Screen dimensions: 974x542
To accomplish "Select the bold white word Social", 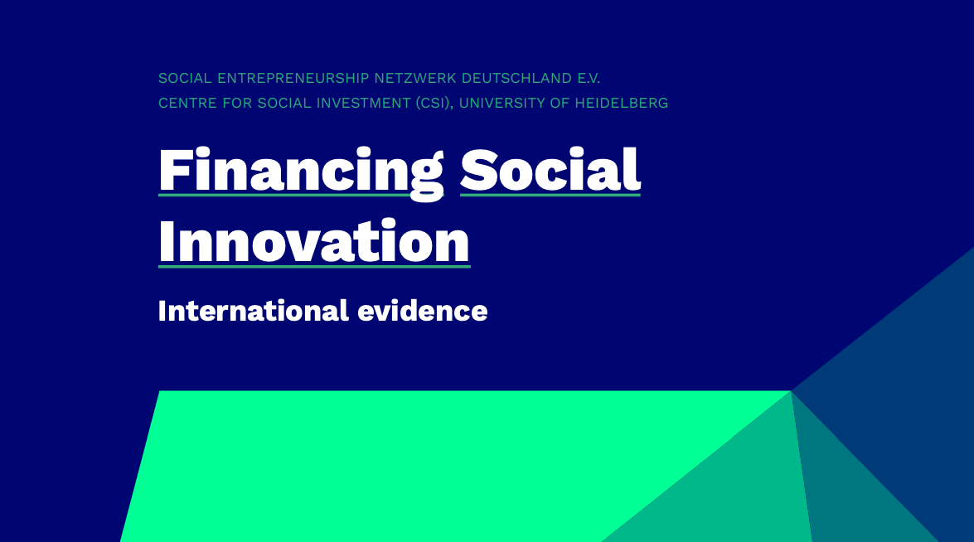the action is tap(550, 170).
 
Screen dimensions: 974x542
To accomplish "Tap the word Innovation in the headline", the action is tap(314, 241).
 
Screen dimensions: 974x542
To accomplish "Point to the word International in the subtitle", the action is tap(254, 311).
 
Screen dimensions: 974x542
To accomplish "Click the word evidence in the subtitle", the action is tap(423, 311).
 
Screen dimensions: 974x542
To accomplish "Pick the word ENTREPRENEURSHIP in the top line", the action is tap(293, 78).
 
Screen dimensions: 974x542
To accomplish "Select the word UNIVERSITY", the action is tap(502, 103).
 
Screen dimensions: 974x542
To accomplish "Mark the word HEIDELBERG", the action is tap(621, 103).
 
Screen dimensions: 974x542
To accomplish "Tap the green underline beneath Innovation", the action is tap(314, 266).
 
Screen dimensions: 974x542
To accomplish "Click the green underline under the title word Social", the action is tap(550, 195).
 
